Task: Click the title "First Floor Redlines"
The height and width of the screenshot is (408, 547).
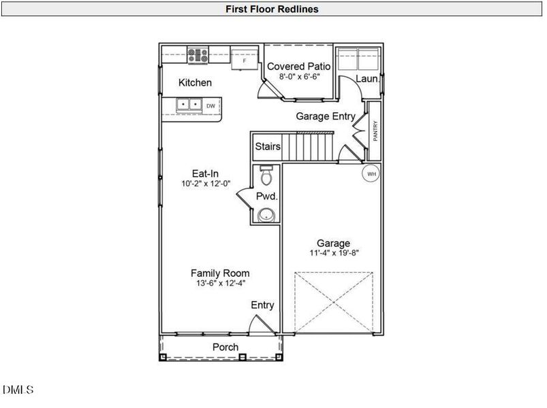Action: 273,10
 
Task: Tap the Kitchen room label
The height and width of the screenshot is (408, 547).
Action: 195,83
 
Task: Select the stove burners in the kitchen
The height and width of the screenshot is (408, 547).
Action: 198,55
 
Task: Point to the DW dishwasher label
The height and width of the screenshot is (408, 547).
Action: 211,105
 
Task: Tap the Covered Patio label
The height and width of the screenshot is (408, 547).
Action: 298,67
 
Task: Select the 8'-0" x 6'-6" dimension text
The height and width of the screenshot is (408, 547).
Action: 299,78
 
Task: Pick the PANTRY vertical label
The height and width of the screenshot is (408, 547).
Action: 375,130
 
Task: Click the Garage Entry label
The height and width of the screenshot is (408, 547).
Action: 325,116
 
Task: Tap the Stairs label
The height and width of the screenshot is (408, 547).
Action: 268,146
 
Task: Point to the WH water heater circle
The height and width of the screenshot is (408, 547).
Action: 371,173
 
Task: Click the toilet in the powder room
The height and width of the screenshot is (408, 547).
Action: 266,177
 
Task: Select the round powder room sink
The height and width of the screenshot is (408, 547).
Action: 268,214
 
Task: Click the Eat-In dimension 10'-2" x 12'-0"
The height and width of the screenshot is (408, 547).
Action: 204,184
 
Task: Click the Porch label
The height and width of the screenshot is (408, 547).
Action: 225,347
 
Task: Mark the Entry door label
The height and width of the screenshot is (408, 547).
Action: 262,305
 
